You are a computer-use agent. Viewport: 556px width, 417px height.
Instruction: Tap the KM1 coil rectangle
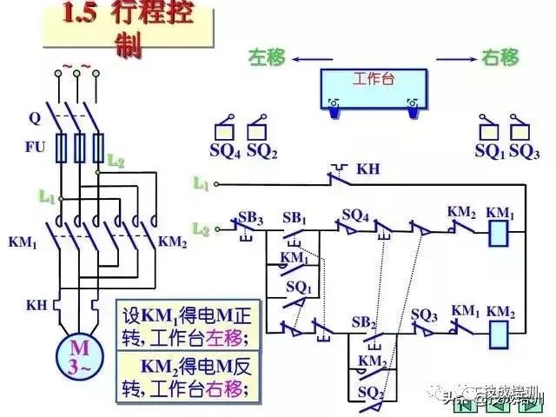click(500, 232)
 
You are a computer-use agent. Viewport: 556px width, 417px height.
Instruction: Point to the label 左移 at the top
click(268, 57)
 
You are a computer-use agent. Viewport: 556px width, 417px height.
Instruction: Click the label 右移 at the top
click(500, 57)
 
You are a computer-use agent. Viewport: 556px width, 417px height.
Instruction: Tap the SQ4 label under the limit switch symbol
click(224, 150)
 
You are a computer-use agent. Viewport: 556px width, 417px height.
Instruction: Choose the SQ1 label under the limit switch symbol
click(489, 150)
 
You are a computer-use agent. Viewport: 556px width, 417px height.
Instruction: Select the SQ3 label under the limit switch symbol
click(525, 150)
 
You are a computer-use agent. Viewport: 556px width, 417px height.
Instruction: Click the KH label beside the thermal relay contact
click(368, 168)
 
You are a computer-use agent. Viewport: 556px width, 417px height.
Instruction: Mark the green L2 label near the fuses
click(116, 161)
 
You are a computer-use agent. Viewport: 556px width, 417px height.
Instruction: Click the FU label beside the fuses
click(35, 147)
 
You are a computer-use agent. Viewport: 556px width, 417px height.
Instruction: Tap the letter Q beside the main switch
click(34, 116)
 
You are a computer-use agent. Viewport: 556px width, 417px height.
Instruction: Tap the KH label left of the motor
click(35, 305)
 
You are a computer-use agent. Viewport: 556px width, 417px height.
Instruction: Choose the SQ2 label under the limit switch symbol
click(261, 150)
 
